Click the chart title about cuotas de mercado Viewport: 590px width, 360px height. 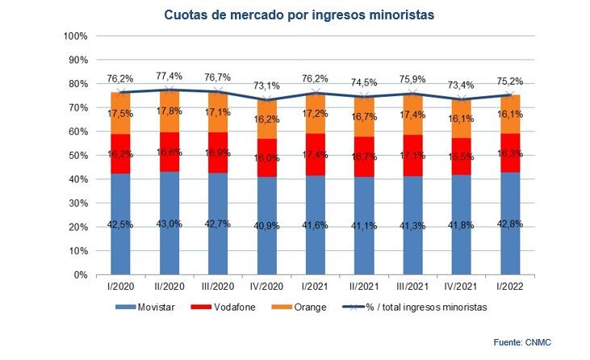point(294,14)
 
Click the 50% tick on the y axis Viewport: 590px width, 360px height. point(77,156)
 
